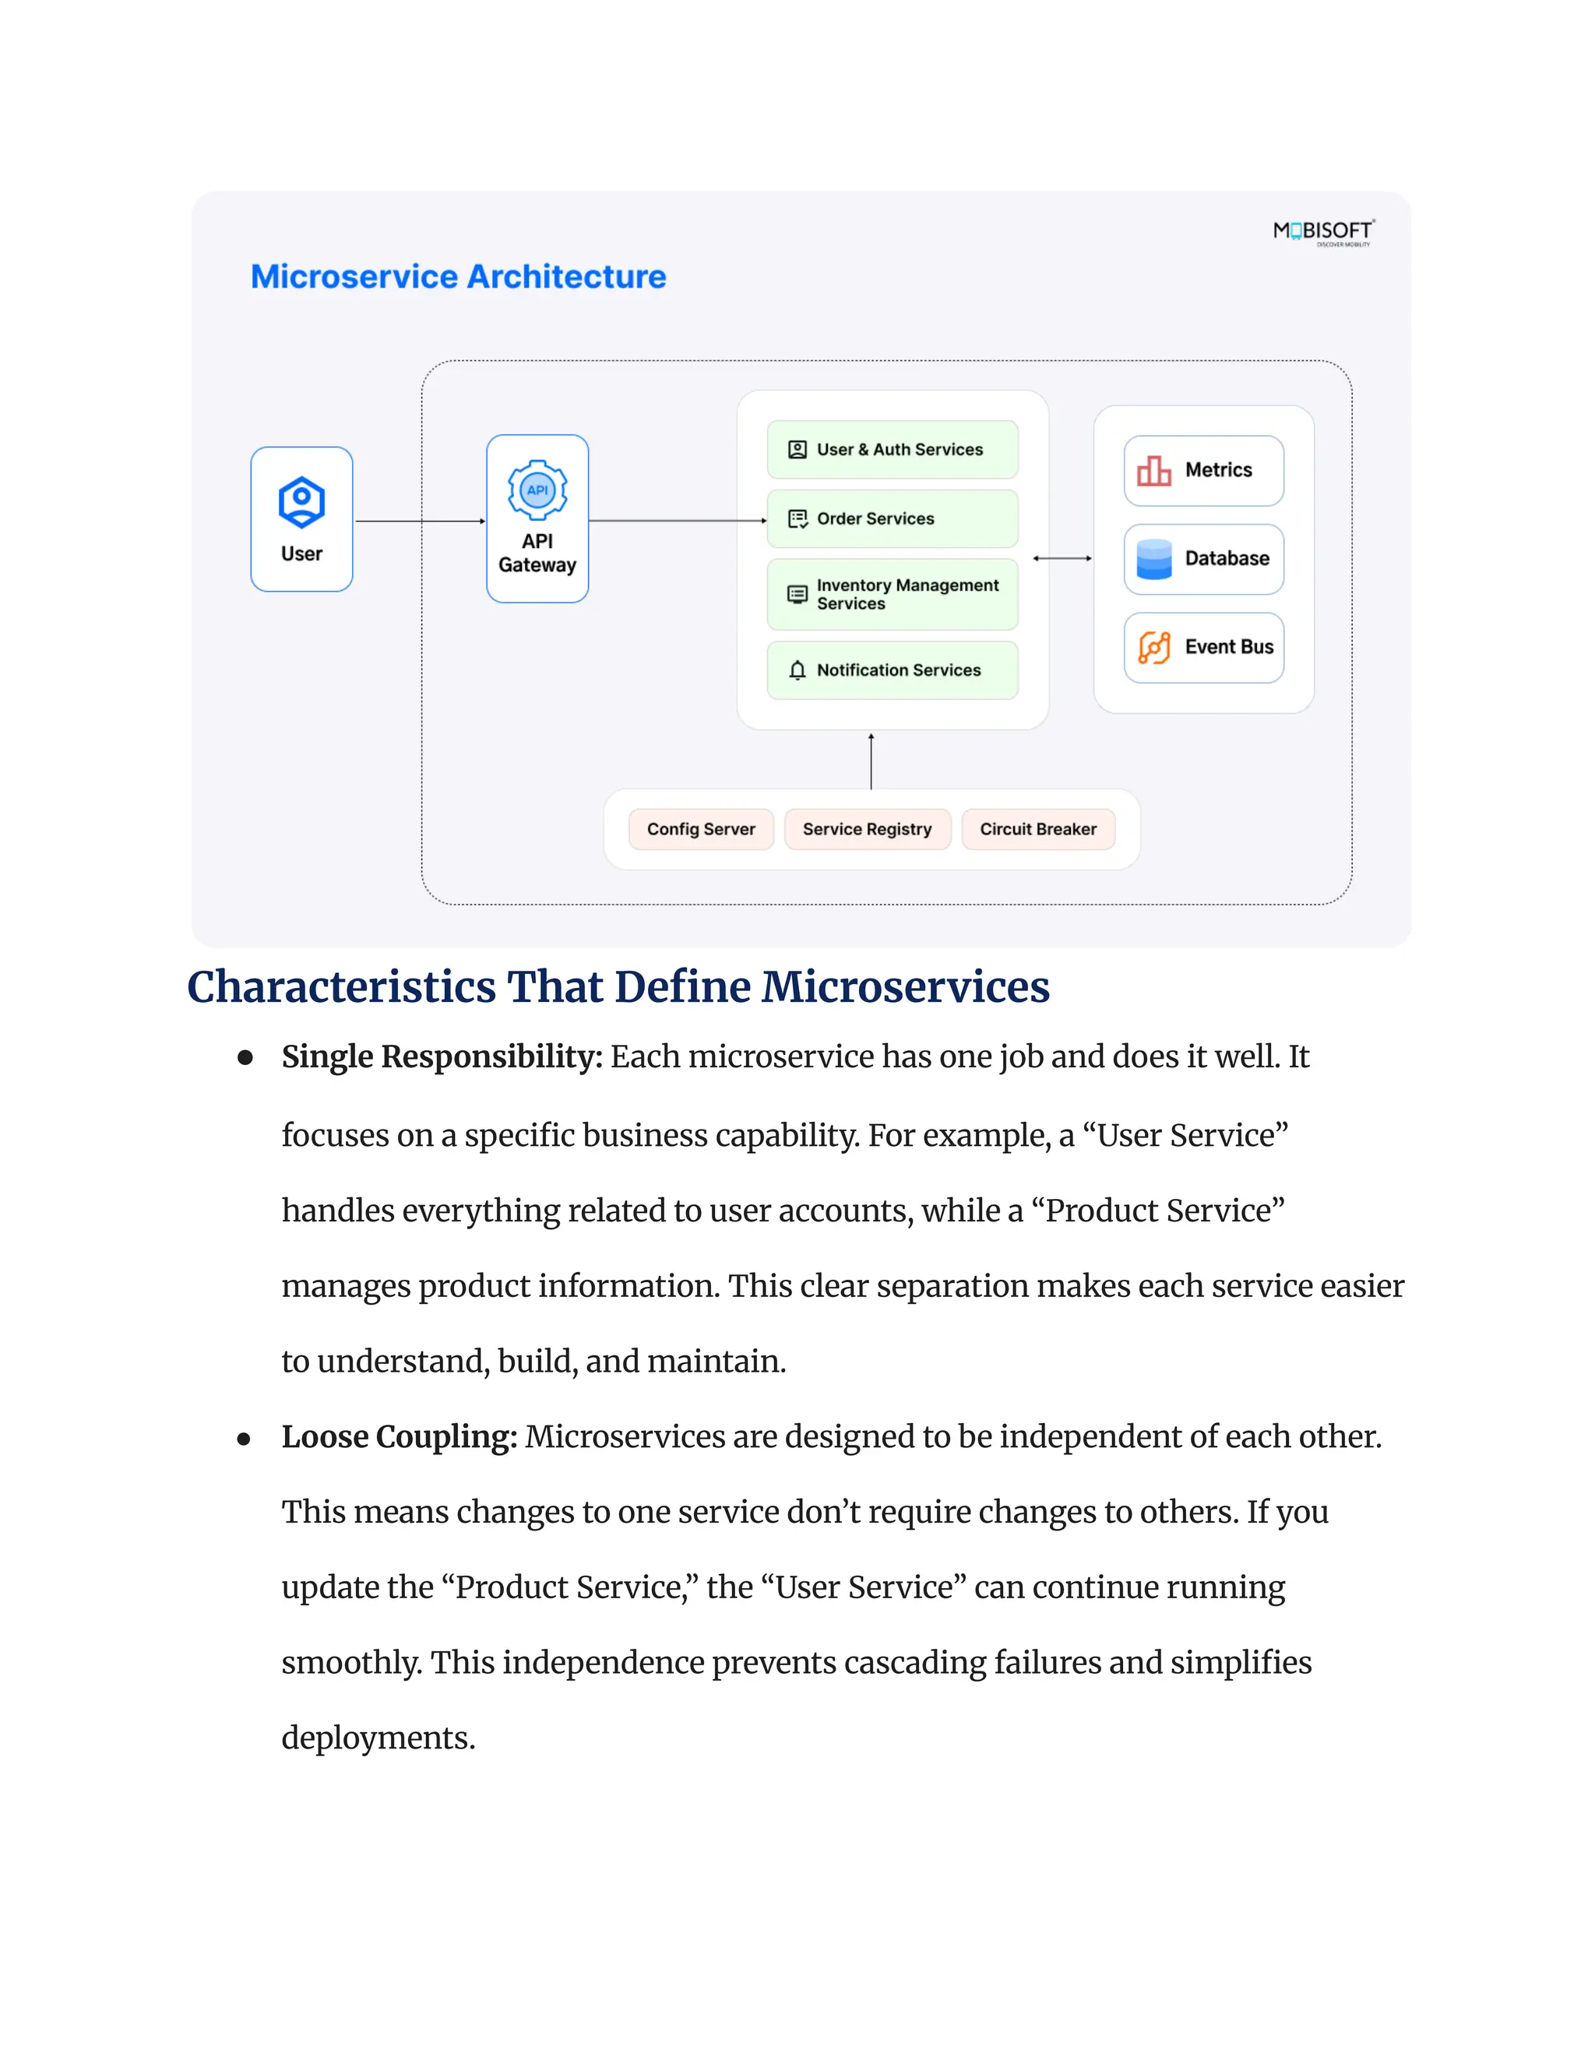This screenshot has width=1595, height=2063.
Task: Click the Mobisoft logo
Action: [1323, 231]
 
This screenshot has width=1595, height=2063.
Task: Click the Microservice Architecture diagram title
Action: [458, 277]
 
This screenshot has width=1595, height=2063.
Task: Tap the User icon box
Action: [301, 518]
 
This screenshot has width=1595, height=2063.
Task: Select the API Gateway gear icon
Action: [537, 490]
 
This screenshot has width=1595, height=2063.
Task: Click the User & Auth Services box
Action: [892, 450]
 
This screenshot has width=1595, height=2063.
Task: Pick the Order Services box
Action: [892, 518]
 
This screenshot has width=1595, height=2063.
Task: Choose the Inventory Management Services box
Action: [892, 594]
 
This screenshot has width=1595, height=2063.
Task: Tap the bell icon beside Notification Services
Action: [797, 670]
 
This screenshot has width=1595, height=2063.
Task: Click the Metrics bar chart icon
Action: [1153, 470]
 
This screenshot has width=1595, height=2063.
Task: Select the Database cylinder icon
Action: [1153, 559]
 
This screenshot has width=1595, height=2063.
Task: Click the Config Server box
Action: [701, 829]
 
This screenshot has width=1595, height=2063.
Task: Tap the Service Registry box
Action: [868, 829]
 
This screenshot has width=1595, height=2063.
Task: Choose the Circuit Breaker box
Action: [1037, 829]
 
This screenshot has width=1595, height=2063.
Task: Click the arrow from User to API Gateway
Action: [420, 521]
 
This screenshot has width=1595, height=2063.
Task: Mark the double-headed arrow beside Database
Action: [1062, 558]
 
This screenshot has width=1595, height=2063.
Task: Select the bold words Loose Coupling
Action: [399, 1437]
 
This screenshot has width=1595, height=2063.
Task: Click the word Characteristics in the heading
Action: [341, 987]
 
